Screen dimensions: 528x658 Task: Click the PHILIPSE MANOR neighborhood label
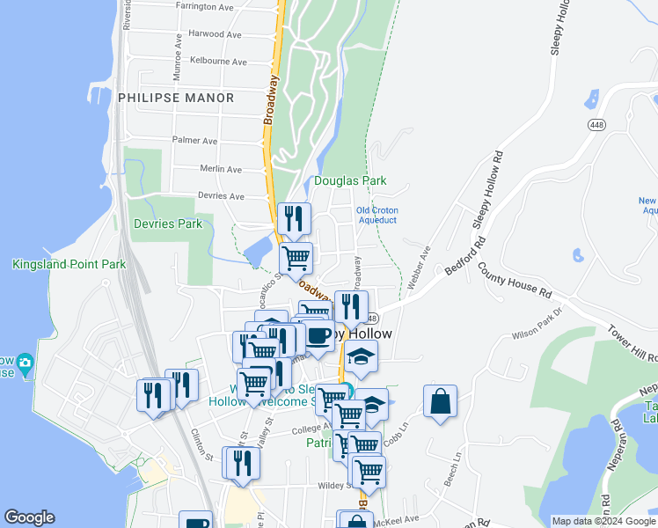(176, 98)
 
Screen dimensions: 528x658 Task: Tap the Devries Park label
(167, 224)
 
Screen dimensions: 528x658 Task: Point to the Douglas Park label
(350, 181)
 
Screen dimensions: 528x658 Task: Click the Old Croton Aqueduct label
(377, 215)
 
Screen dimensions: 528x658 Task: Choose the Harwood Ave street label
(214, 34)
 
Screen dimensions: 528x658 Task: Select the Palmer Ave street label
(194, 140)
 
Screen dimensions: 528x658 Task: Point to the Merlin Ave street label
(221, 169)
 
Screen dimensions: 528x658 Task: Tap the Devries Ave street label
(221, 196)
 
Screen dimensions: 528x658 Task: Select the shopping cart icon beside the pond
(296, 259)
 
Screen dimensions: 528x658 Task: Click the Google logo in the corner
(29, 517)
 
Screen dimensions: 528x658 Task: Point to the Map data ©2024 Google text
(603, 521)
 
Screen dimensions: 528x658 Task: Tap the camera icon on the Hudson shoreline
(25, 362)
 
